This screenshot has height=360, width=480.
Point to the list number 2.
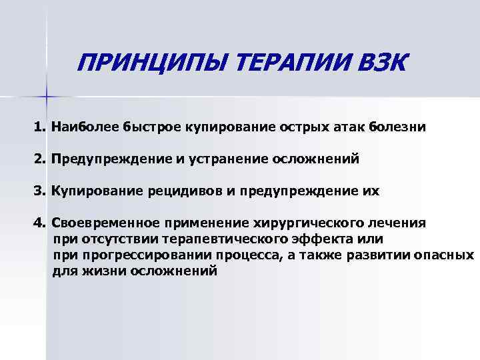tap(38, 158)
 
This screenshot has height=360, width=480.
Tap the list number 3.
tap(38, 191)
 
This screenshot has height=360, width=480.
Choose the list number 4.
tap(38, 223)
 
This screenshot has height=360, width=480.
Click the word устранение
tap(229, 158)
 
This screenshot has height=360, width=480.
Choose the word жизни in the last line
tap(102, 272)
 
